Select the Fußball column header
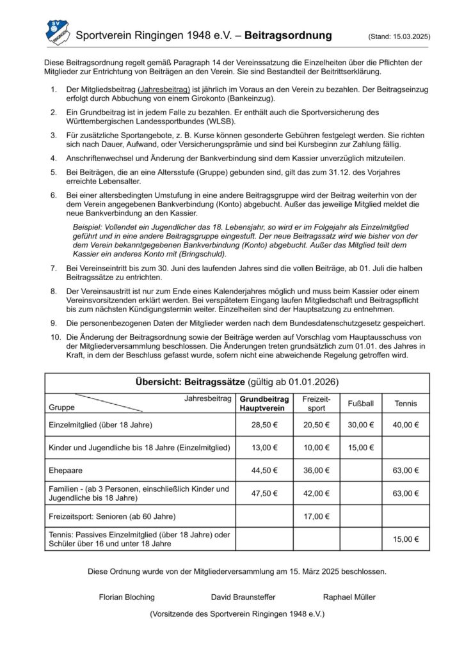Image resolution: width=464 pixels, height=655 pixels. [x=361, y=404]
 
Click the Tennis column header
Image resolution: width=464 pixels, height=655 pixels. [x=406, y=404]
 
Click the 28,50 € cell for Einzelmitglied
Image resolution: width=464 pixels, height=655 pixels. [x=264, y=425]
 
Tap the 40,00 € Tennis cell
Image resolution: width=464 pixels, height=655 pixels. [x=406, y=425]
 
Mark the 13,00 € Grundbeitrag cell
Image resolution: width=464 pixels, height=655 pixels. [x=264, y=447]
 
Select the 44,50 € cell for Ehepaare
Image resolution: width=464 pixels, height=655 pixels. [x=264, y=470]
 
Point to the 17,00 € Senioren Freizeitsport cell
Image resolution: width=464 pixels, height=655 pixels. [x=317, y=516]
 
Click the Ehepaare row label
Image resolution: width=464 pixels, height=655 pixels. [x=65, y=470]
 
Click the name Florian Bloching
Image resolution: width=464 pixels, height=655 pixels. [x=127, y=597]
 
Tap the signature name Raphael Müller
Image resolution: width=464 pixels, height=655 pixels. [x=349, y=597]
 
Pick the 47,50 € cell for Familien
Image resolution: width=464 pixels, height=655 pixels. [x=264, y=493]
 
